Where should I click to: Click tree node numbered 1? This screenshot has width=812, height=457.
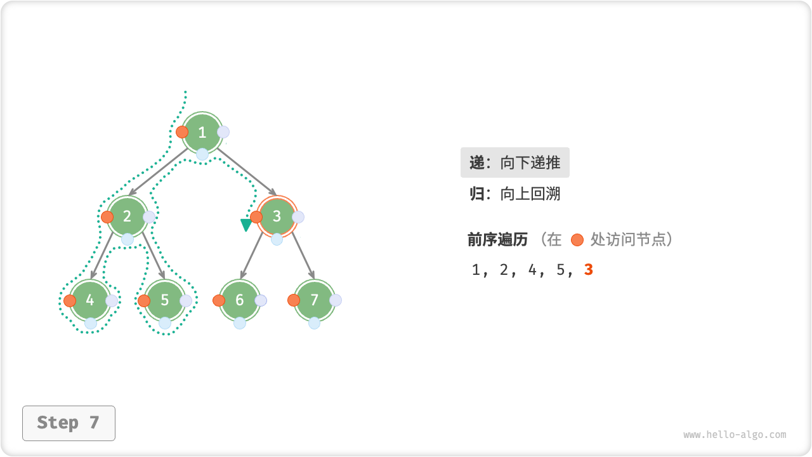202,133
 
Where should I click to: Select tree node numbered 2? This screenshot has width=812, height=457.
128,216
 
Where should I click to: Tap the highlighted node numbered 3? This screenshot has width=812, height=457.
277,216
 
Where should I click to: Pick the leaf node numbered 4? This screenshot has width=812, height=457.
90,300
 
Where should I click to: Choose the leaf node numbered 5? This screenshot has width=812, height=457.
165,300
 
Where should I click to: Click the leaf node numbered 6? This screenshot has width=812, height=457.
240,300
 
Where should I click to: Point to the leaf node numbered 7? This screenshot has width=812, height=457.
314,300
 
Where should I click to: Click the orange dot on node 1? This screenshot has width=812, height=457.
182,132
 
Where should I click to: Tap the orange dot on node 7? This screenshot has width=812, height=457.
294,300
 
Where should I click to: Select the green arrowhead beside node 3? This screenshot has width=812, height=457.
246,225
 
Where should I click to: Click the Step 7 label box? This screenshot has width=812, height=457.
69,423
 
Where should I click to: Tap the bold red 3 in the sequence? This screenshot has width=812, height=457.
589,270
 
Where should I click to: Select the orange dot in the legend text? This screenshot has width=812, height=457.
577,240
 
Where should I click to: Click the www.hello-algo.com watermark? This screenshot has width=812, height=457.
735,435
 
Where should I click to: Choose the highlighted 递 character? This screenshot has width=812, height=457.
476,162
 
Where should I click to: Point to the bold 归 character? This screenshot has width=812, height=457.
476,194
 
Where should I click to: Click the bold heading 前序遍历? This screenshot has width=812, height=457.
497,239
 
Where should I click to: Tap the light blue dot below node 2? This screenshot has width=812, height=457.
128,239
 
